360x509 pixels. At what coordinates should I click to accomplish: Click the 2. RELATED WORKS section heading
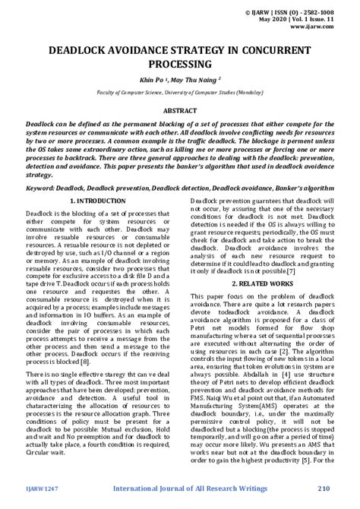pyautogui.click(x=265, y=283)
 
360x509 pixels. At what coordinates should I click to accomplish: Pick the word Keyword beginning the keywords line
pyautogui.click(x=43, y=187)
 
